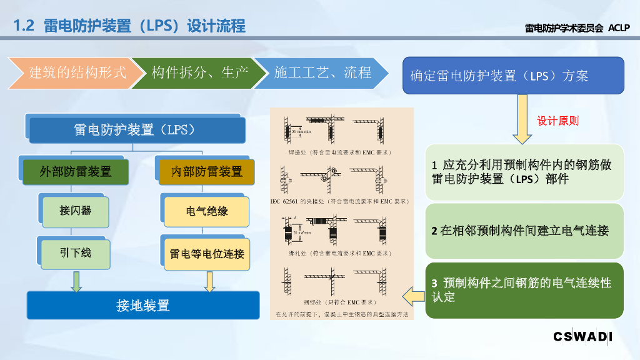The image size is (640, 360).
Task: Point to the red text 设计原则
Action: (558, 121)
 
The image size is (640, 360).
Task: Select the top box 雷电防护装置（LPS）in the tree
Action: (135, 130)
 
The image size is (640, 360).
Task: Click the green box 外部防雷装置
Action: (75, 171)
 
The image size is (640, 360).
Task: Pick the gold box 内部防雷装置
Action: (207, 171)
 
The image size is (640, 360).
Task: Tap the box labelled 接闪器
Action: (76, 211)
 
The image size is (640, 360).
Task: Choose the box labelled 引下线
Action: (76, 253)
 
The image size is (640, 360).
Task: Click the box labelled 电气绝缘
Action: (207, 211)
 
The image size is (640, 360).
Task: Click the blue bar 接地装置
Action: (143, 306)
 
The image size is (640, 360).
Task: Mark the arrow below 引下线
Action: (76, 281)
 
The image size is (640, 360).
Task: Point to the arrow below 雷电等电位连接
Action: (210, 281)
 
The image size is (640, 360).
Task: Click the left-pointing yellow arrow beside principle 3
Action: (412, 293)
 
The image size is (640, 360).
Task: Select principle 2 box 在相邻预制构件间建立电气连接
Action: (525, 231)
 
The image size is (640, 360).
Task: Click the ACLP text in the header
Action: (619, 27)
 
